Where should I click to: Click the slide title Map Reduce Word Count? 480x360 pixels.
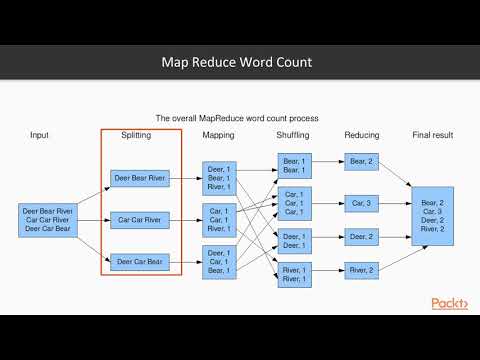click(x=237, y=62)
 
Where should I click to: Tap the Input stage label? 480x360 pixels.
click(x=40, y=134)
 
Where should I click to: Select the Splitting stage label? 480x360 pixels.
click(x=136, y=134)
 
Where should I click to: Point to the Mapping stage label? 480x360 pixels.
click(x=219, y=134)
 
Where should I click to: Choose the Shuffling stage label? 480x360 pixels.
click(x=293, y=134)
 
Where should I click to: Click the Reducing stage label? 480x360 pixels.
click(x=361, y=134)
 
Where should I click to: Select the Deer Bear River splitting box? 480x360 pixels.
click(x=140, y=179)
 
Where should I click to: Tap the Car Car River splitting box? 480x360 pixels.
click(x=140, y=219)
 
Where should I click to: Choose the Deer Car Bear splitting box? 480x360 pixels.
click(x=140, y=262)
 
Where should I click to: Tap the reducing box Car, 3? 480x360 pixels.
click(x=360, y=204)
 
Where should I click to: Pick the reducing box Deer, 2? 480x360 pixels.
click(x=360, y=237)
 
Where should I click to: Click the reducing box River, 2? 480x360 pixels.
click(x=360, y=269)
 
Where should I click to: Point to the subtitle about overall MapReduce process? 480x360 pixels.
click(x=236, y=117)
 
